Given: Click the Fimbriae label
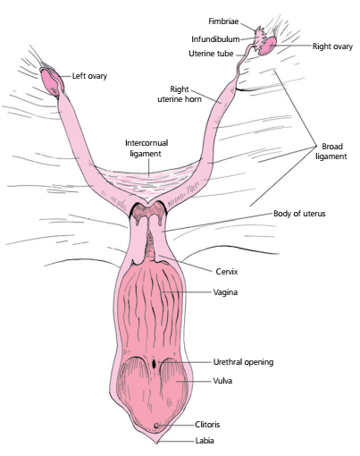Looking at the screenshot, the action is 223,21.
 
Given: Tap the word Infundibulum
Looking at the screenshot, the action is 215,39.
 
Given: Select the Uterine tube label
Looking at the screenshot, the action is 211,54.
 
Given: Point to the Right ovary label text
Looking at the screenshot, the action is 332,46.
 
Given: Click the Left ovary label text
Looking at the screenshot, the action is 89,76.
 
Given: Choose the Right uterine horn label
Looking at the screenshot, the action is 180,94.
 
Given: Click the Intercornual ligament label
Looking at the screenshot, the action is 147,148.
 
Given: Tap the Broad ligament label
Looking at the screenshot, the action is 331,151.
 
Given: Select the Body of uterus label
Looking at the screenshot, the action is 299,214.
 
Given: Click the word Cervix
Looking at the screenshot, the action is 227,272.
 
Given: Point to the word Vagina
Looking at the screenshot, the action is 225,292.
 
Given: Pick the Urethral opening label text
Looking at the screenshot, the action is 243,362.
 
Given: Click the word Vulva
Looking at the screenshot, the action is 222,381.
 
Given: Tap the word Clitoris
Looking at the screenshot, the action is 207,424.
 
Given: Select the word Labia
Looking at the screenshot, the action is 205,441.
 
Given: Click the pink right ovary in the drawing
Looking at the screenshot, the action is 267,46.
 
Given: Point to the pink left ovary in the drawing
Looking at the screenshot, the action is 51,81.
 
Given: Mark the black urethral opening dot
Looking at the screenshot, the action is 154,364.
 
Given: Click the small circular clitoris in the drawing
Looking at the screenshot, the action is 156,426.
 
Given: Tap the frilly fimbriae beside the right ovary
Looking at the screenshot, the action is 260,38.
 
